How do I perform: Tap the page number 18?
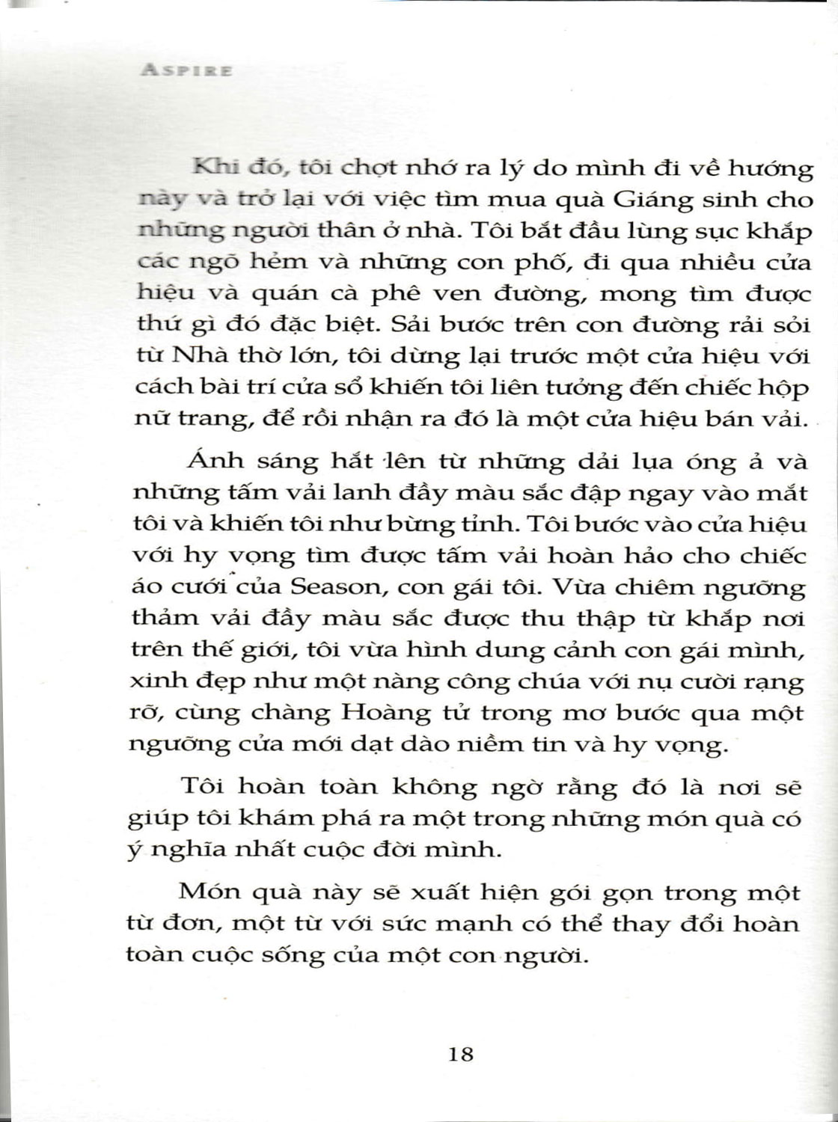pos(460,1055)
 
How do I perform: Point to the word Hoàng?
pos(387,713)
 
